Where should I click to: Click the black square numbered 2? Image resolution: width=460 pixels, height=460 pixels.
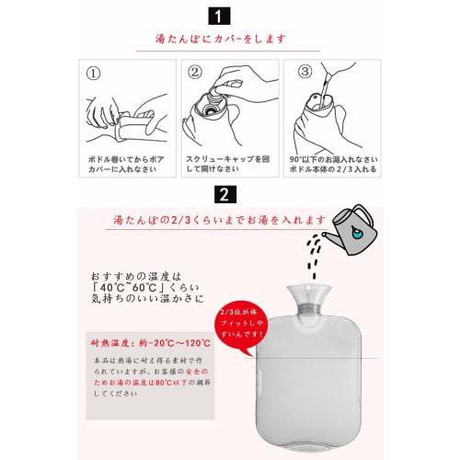224,195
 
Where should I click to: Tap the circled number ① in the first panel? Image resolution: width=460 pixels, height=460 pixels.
93,71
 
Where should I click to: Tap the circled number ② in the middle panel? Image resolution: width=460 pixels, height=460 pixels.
195,71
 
